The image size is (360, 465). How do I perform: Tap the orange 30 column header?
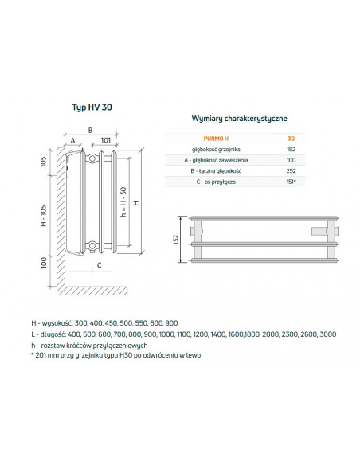point(292,139)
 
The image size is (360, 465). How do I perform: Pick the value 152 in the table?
point(292,150)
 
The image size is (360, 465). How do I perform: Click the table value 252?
point(292,171)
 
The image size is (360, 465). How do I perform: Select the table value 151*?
point(292,182)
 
